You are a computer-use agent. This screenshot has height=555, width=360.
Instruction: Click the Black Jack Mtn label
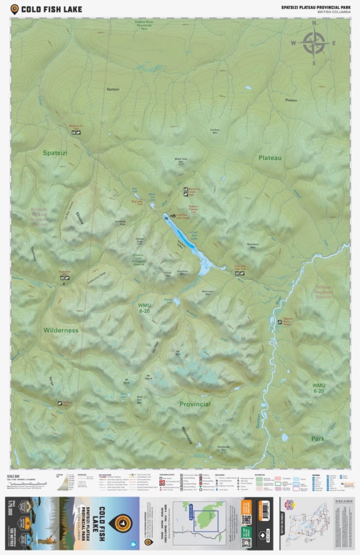(x=181, y=160)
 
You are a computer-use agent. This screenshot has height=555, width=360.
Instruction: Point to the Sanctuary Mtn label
(x=208, y=292)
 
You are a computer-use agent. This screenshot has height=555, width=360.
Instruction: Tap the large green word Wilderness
(x=61, y=330)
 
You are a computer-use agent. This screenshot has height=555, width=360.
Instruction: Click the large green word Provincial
(x=195, y=404)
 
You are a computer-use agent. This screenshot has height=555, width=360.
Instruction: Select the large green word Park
(x=317, y=438)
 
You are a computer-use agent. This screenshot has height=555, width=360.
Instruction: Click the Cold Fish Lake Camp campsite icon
(x=173, y=216)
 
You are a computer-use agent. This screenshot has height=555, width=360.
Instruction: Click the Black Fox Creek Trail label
(x=194, y=191)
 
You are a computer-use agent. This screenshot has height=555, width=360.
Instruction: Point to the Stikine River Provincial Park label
(x=144, y=25)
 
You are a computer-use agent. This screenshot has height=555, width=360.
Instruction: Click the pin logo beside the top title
(x=14, y=8)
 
